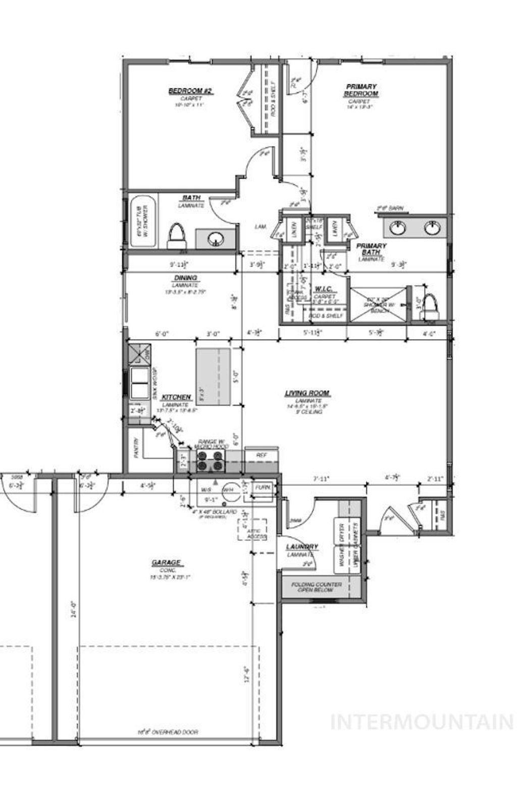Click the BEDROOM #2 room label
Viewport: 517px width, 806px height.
pyautogui.click(x=191, y=91)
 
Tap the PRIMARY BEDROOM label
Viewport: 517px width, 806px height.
pyautogui.click(x=361, y=90)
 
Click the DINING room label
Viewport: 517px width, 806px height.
pyautogui.click(x=186, y=278)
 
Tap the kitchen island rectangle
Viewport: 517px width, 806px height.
pyautogui.click(x=213, y=376)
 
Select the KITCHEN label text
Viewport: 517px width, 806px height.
pyautogui.click(x=176, y=397)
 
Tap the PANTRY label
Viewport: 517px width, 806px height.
pyautogui.click(x=136, y=447)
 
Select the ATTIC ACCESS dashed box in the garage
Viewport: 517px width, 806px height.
pyautogui.click(x=252, y=529)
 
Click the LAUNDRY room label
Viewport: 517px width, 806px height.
pyautogui.click(x=302, y=547)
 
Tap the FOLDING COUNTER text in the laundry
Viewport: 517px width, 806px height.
pyautogui.click(x=316, y=584)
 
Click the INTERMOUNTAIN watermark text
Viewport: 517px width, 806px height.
pyautogui.click(x=422, y=721)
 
